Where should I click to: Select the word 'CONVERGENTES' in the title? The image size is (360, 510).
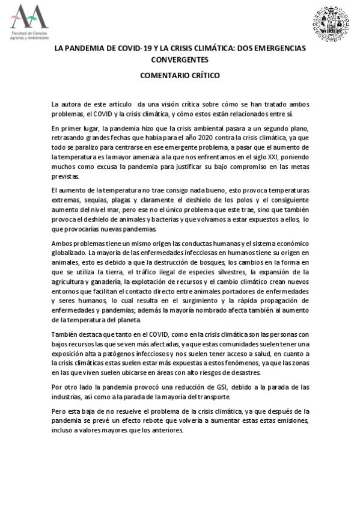click(180, 60)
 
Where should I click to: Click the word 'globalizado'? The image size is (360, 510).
click(70, 254)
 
